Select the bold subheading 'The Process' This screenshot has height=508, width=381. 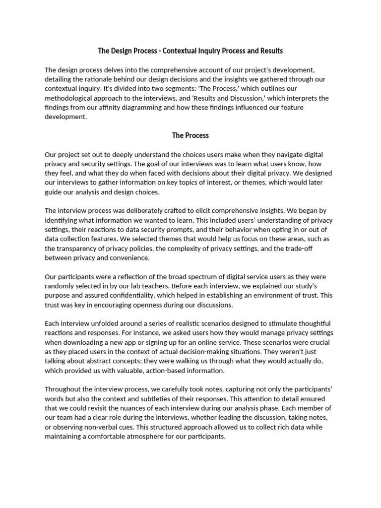click(x=190, y=135)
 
